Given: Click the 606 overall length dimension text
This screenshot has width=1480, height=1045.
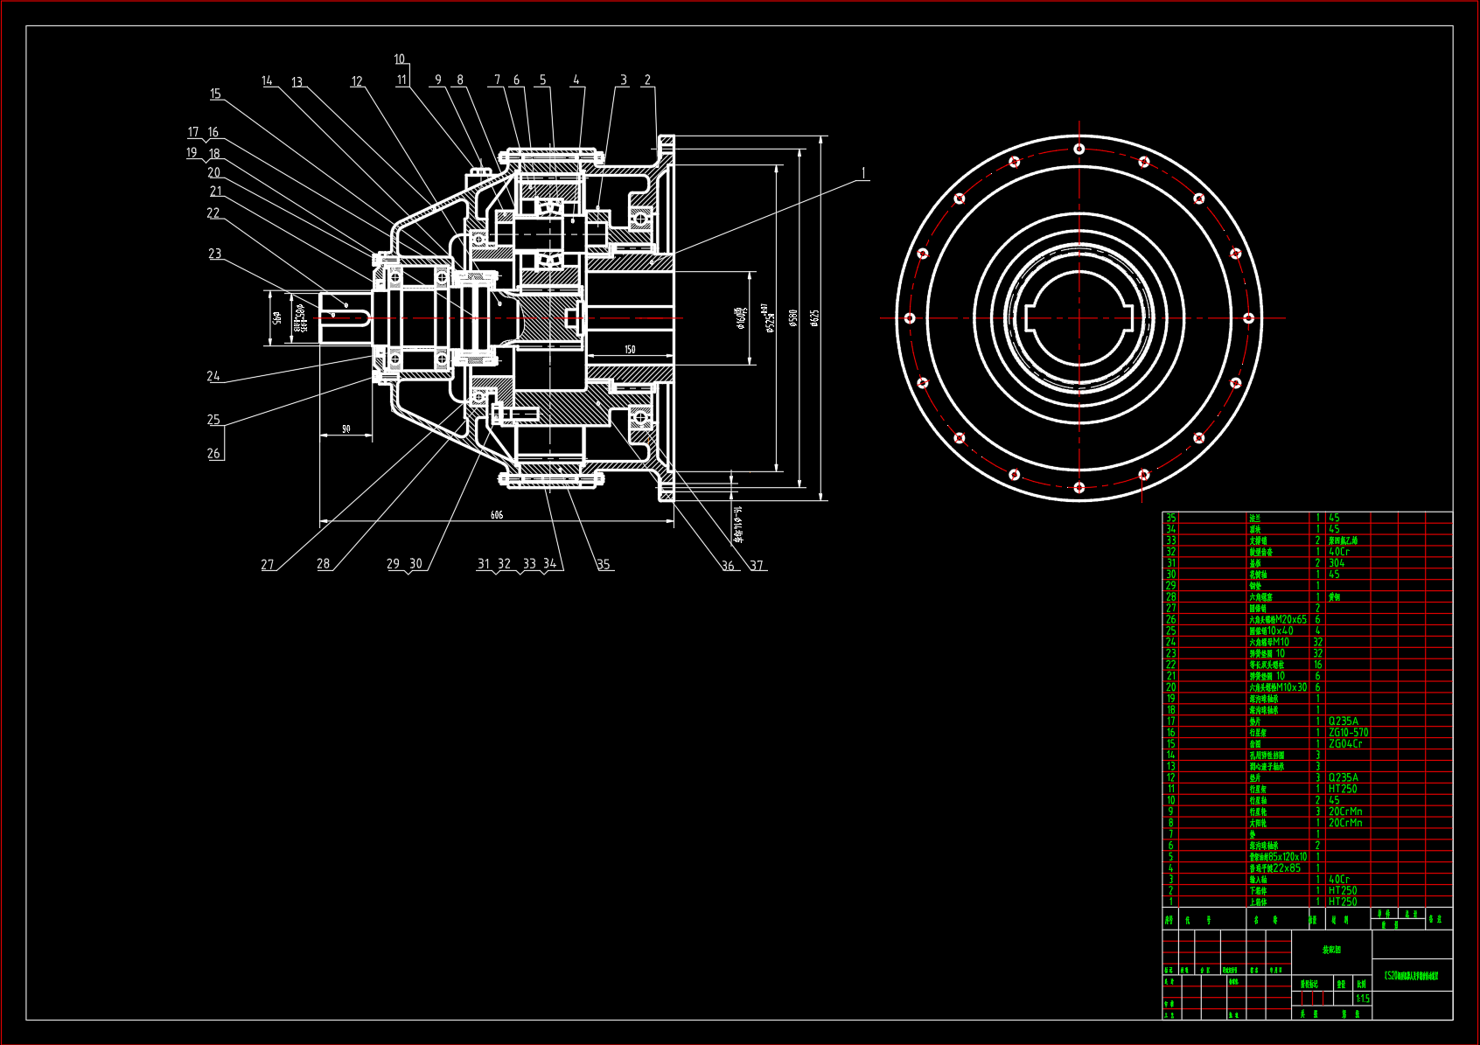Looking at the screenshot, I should (497, 515).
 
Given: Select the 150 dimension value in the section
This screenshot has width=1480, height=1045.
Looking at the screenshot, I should (630, 350).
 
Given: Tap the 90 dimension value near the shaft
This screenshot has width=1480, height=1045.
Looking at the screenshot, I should (346, 429).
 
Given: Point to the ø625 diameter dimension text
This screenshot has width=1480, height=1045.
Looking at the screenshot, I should (814, 317).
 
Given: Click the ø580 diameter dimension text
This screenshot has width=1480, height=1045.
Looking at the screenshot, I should (793, 317).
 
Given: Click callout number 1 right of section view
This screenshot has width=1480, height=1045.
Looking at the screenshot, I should (863, 173).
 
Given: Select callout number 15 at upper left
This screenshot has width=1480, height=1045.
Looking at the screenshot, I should (215, 94).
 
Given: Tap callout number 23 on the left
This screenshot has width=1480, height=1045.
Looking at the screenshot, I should (214, 254).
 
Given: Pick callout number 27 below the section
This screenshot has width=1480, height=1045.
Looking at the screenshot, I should (268, 564).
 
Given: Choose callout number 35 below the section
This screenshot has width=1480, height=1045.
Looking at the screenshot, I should (604, 564).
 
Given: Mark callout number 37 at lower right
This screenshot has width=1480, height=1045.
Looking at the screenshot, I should (757, 565).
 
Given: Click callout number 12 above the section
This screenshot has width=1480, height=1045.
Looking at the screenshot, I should (357, 81).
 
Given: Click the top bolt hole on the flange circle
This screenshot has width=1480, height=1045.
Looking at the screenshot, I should (1079, 149).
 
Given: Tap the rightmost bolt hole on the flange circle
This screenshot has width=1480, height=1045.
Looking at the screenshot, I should (1249, 318).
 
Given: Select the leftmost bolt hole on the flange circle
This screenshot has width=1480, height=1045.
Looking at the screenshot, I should (910, 318).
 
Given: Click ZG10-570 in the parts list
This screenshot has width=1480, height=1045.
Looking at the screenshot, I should (1348, 733).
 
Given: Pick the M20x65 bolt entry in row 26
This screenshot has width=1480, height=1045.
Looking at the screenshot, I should (1278, 619).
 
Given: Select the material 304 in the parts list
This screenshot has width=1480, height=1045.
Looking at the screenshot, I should (1337, 563).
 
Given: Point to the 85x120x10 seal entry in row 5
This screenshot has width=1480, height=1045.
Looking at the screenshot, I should (1278, 857).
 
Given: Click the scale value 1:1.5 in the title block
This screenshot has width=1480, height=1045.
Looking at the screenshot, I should (1363, 999).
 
